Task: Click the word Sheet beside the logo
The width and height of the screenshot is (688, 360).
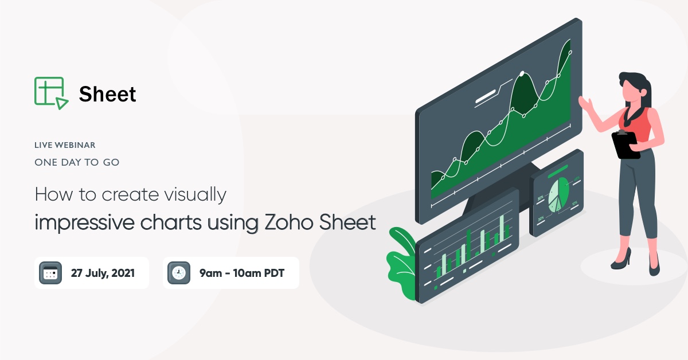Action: pyautogui.click(x=108, y=94)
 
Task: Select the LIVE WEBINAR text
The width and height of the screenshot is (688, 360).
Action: pyautogui.click(x=65, y=146)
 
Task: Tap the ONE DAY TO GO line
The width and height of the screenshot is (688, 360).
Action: pyautogui.click(x=77, y=162)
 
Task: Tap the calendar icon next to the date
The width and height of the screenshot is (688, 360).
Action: pyautogui.click(x=50, y=273)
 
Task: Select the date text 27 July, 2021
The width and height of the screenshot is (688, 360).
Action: pyautogui.click(x=103, y=273)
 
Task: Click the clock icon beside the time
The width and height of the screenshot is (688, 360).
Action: pyautogui.click(x=179, y=273)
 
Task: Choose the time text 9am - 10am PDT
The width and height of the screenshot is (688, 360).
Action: pyautogui.click(x=241, y=273)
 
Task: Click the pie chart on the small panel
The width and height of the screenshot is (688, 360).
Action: pyautogui.click(x=558, y=194)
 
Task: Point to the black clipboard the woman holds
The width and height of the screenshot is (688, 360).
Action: pyautogui.click(x=625, y=144)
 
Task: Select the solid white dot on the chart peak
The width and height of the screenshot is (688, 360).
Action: pyautogui.click(x=522, y=73)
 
